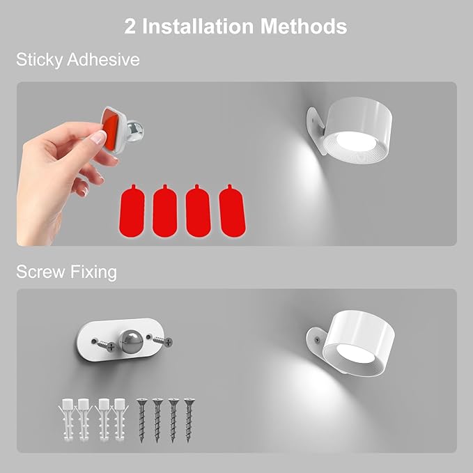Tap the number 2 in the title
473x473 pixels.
tap(130, 26)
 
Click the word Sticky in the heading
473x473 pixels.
tap(39, 60)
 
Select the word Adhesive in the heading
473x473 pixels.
tap(102, 60)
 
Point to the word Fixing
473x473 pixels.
tap(93, 272)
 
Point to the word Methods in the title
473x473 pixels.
tap(304, 26)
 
